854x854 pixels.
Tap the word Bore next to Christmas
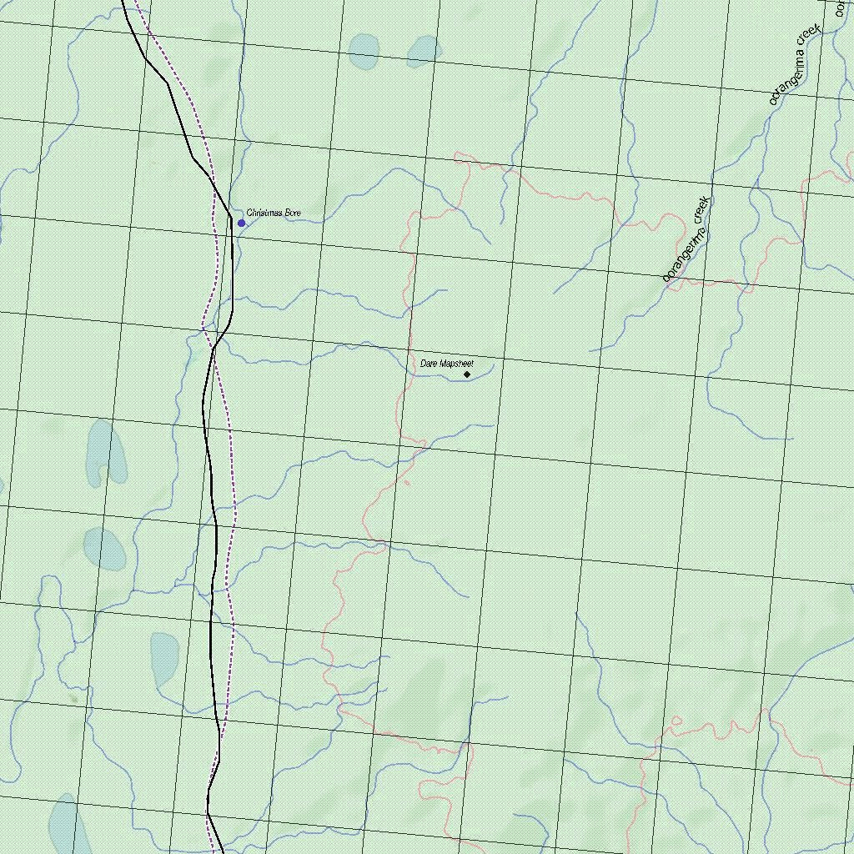(293, 213)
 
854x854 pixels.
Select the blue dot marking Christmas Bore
(242, 223)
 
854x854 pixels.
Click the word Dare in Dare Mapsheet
(429, 364)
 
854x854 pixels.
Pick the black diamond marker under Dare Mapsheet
(467, 374)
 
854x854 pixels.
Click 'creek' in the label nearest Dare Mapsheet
(702, 211)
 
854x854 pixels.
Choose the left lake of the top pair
(364, 51)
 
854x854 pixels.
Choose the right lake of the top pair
(424, 50)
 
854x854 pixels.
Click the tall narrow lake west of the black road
(105, 452)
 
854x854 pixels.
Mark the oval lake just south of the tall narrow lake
(104, 549)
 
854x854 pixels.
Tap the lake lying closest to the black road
(164, 658)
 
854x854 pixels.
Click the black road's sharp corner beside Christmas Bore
(231, 218)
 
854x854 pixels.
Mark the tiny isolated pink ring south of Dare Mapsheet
(407, 482)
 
